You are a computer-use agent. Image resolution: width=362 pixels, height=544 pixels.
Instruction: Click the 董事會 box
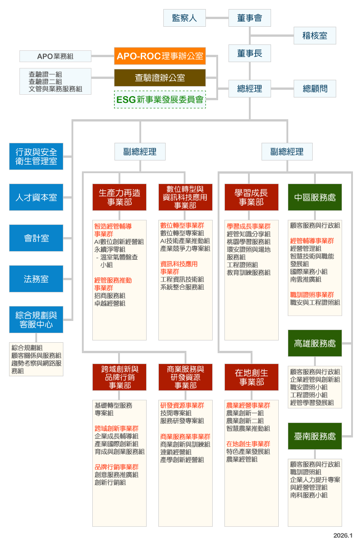[249, 18]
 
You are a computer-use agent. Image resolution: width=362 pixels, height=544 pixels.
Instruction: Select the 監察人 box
[184, 18]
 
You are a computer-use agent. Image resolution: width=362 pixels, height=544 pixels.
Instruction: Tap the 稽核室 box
[315, 35]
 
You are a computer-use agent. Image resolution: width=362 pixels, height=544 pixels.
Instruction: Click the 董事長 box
[249, 53]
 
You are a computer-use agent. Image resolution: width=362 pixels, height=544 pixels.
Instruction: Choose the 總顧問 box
[315, 88]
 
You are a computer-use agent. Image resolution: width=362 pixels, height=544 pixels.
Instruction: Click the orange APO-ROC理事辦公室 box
[160, 56]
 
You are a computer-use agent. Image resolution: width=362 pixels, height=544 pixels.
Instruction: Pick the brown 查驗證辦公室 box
[160, 78]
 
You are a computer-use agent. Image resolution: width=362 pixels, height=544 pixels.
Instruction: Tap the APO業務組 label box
[55, 56]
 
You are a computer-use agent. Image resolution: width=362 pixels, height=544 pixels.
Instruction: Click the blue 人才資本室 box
[36, 197]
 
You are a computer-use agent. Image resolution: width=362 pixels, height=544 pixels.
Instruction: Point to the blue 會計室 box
[36, 238]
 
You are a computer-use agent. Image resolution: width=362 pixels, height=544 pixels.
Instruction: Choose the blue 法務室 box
[36, 279]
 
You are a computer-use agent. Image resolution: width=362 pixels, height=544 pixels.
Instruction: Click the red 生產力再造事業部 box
[119, 197]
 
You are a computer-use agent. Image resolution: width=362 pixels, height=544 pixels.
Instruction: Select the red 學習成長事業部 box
[252, 197]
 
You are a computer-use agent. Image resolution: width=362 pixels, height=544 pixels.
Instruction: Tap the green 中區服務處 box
[315, 197]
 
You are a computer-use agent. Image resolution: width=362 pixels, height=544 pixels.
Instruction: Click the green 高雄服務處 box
[315, 343]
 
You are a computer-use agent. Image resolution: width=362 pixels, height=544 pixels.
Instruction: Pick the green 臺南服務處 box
[315, 436]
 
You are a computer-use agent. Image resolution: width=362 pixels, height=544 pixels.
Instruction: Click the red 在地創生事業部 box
[252, 377]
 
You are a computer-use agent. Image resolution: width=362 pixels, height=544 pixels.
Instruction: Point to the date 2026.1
[343, 535]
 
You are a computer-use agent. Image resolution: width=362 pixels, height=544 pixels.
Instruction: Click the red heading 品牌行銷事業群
[117, 466]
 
